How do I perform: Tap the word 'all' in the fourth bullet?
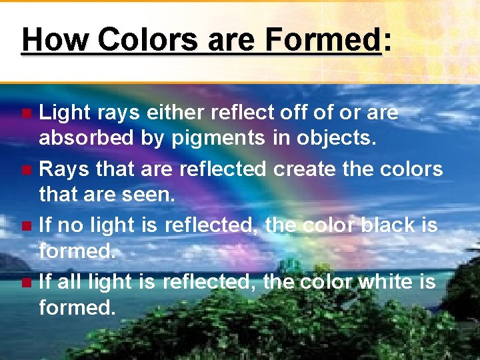(x=69, y=282)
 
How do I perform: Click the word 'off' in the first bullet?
(x=292, y=113)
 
